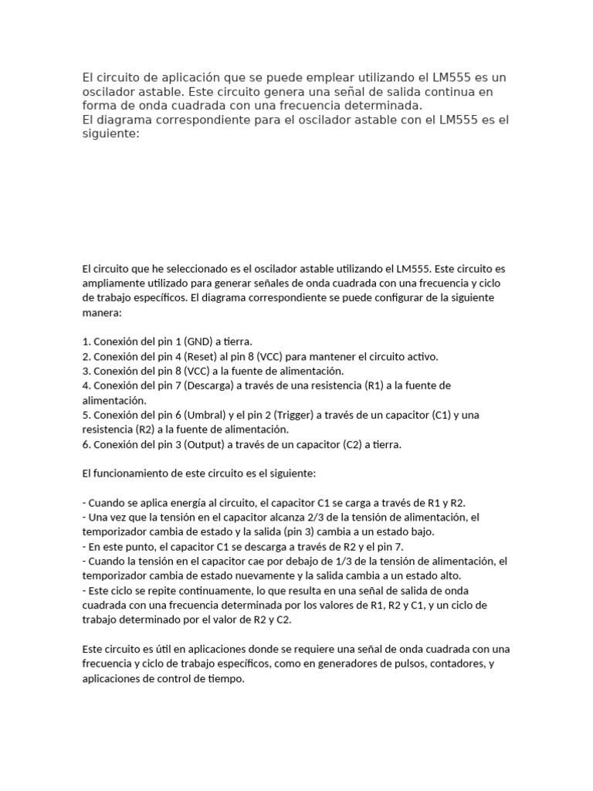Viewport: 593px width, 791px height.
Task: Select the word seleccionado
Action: tap(197, 270)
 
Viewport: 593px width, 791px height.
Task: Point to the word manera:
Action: tap(102, 314)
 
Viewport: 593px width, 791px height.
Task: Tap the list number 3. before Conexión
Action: tap(86, 372)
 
